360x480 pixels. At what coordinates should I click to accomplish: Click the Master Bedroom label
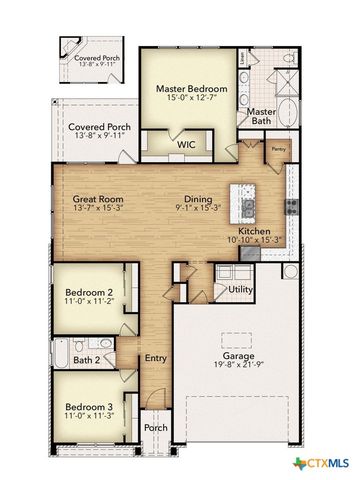(192, 88)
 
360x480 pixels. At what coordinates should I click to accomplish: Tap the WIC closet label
(186, 145)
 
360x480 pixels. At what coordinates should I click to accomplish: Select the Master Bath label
(262, 117)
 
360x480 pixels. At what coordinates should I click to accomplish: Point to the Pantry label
(278, 150)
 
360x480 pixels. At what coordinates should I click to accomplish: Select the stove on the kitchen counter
(291, 207)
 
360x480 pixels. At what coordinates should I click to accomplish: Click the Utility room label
(240, 290)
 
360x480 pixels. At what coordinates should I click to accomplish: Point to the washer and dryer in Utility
(232, 273)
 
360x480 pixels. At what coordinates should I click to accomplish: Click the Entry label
(155, 358)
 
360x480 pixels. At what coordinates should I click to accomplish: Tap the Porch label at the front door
(155, 427)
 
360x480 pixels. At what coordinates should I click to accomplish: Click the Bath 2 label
(86, 360)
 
